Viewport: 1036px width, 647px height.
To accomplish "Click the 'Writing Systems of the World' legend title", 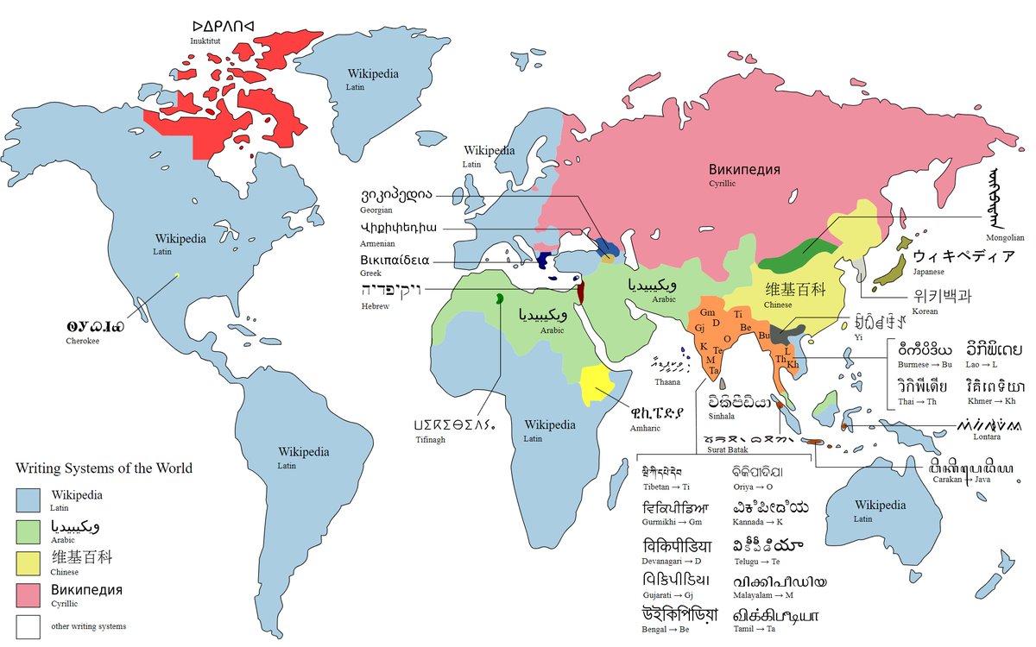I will [104, 468].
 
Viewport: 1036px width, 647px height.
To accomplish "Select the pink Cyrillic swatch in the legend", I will [30, 595].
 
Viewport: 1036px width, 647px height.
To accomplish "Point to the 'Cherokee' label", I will [84, 341].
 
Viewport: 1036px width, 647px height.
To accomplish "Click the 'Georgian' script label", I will [377, 210].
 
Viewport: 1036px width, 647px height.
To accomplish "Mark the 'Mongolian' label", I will [1005, 237].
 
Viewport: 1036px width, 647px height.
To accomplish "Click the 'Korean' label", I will [925, 310].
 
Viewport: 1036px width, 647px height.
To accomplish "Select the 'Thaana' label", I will [667, 381].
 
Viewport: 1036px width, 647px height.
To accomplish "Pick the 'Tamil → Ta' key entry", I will [754, 631].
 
